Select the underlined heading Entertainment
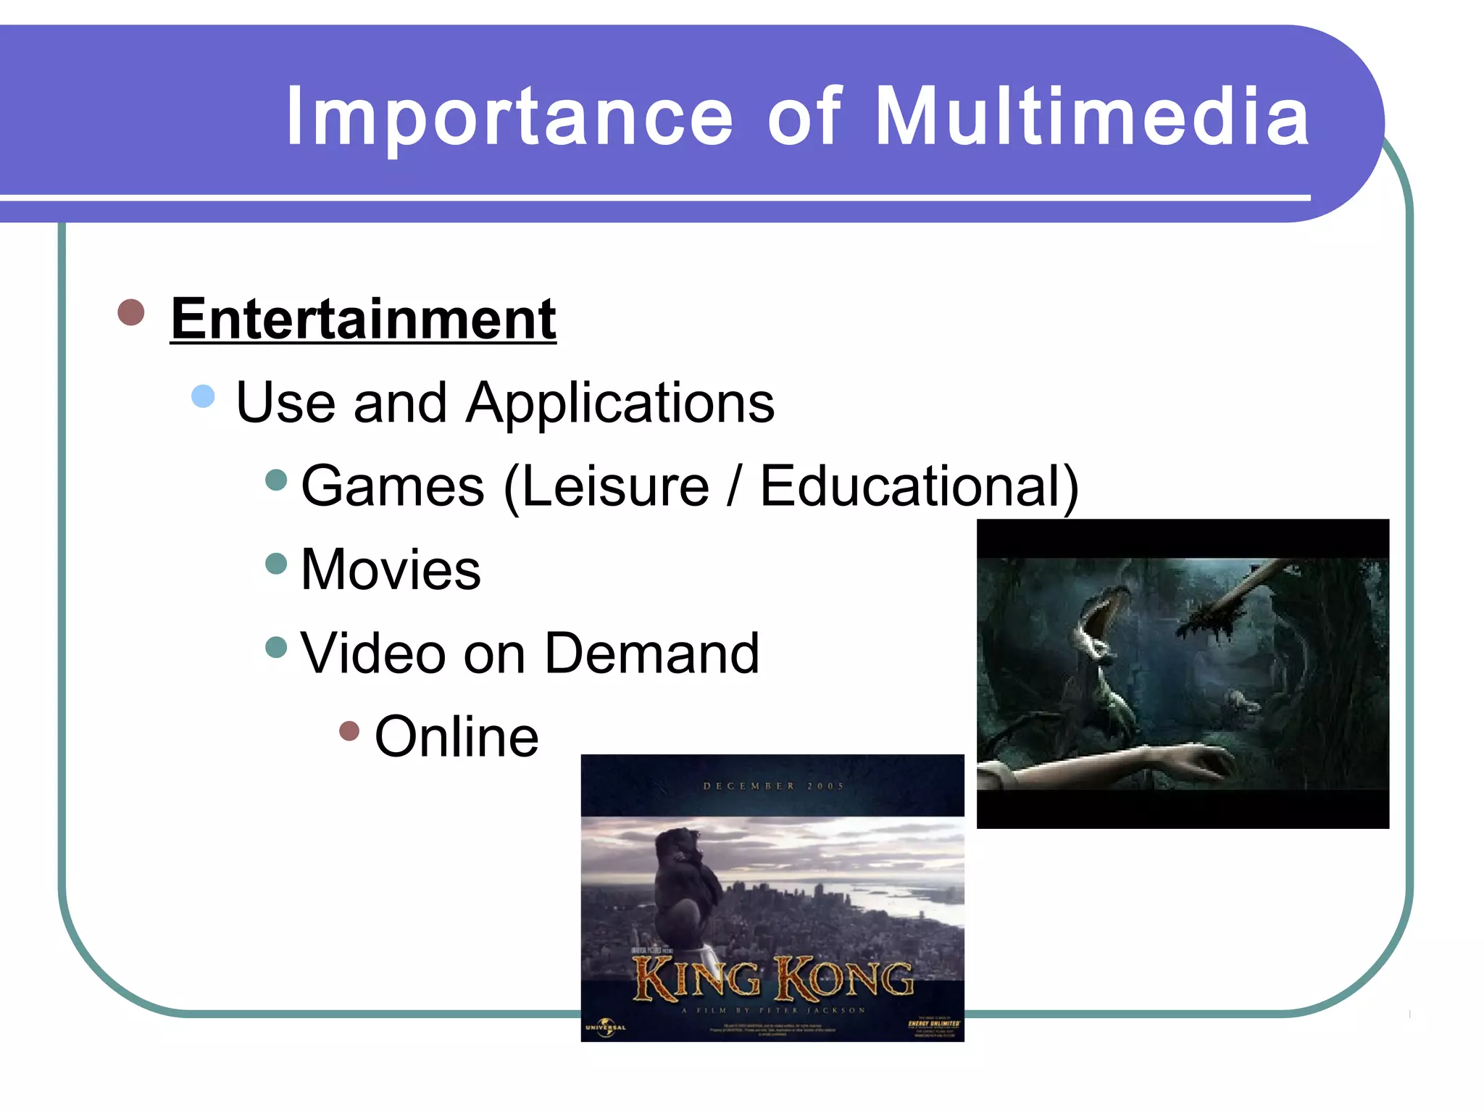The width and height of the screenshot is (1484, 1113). [x=363, y=319]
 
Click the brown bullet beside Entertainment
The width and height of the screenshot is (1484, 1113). [x=131, y=312]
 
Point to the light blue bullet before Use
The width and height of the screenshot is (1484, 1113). [x=204, y=396]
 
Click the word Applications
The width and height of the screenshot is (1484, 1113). [x=620, y=403]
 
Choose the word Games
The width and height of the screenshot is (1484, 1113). [x=392, y=486]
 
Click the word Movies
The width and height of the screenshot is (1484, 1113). [x=391, y=570]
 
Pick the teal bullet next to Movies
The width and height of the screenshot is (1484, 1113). [x=277, y=564]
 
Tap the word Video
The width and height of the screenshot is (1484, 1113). [x=372, y=654]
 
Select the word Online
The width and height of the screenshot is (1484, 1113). [x=457, y=737]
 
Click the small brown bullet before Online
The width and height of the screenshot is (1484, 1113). [x=349, y=730]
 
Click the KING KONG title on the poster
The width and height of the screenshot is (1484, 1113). [x=772, y=978]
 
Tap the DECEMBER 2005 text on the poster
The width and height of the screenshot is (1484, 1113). [x=772, y=785]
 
